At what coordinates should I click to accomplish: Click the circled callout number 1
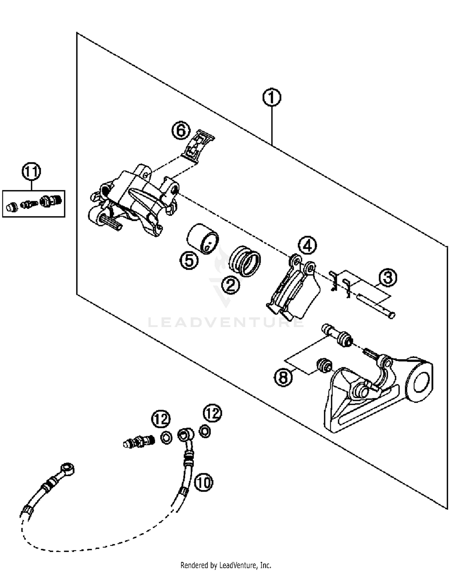pos(271,97)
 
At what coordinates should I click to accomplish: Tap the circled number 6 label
pos(181,131)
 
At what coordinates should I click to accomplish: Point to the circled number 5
pos(189,260)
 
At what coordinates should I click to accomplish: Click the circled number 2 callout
pos(231,284)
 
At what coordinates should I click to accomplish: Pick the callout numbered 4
pos(307,246)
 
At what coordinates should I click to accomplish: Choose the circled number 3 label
pos(388,277)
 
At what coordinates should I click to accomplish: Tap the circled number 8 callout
pos(283,377)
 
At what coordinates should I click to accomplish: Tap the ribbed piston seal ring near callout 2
pos(245,261)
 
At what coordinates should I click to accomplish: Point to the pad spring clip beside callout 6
pos(198,147)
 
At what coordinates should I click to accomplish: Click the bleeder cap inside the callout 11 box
pos(11,207)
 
